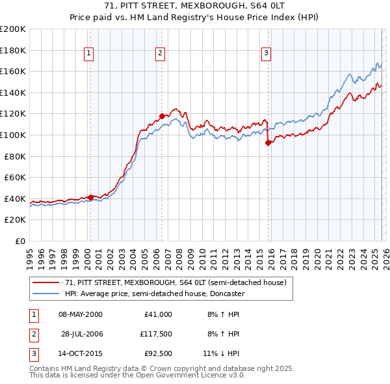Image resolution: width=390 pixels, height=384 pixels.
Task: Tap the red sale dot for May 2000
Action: (x=90, y=197)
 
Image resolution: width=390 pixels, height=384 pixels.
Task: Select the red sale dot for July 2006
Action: (x=162, y=116)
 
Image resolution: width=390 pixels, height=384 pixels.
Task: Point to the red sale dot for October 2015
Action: (x=268, y=143)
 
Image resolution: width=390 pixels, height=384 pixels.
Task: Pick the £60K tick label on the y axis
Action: (x=15, y=177)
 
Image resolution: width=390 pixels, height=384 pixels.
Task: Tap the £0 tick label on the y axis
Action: (x=20, y=241)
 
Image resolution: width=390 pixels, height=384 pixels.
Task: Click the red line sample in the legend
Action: (x=46, y=282)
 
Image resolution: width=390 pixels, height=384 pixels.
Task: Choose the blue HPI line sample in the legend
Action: (x=46, y=294)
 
